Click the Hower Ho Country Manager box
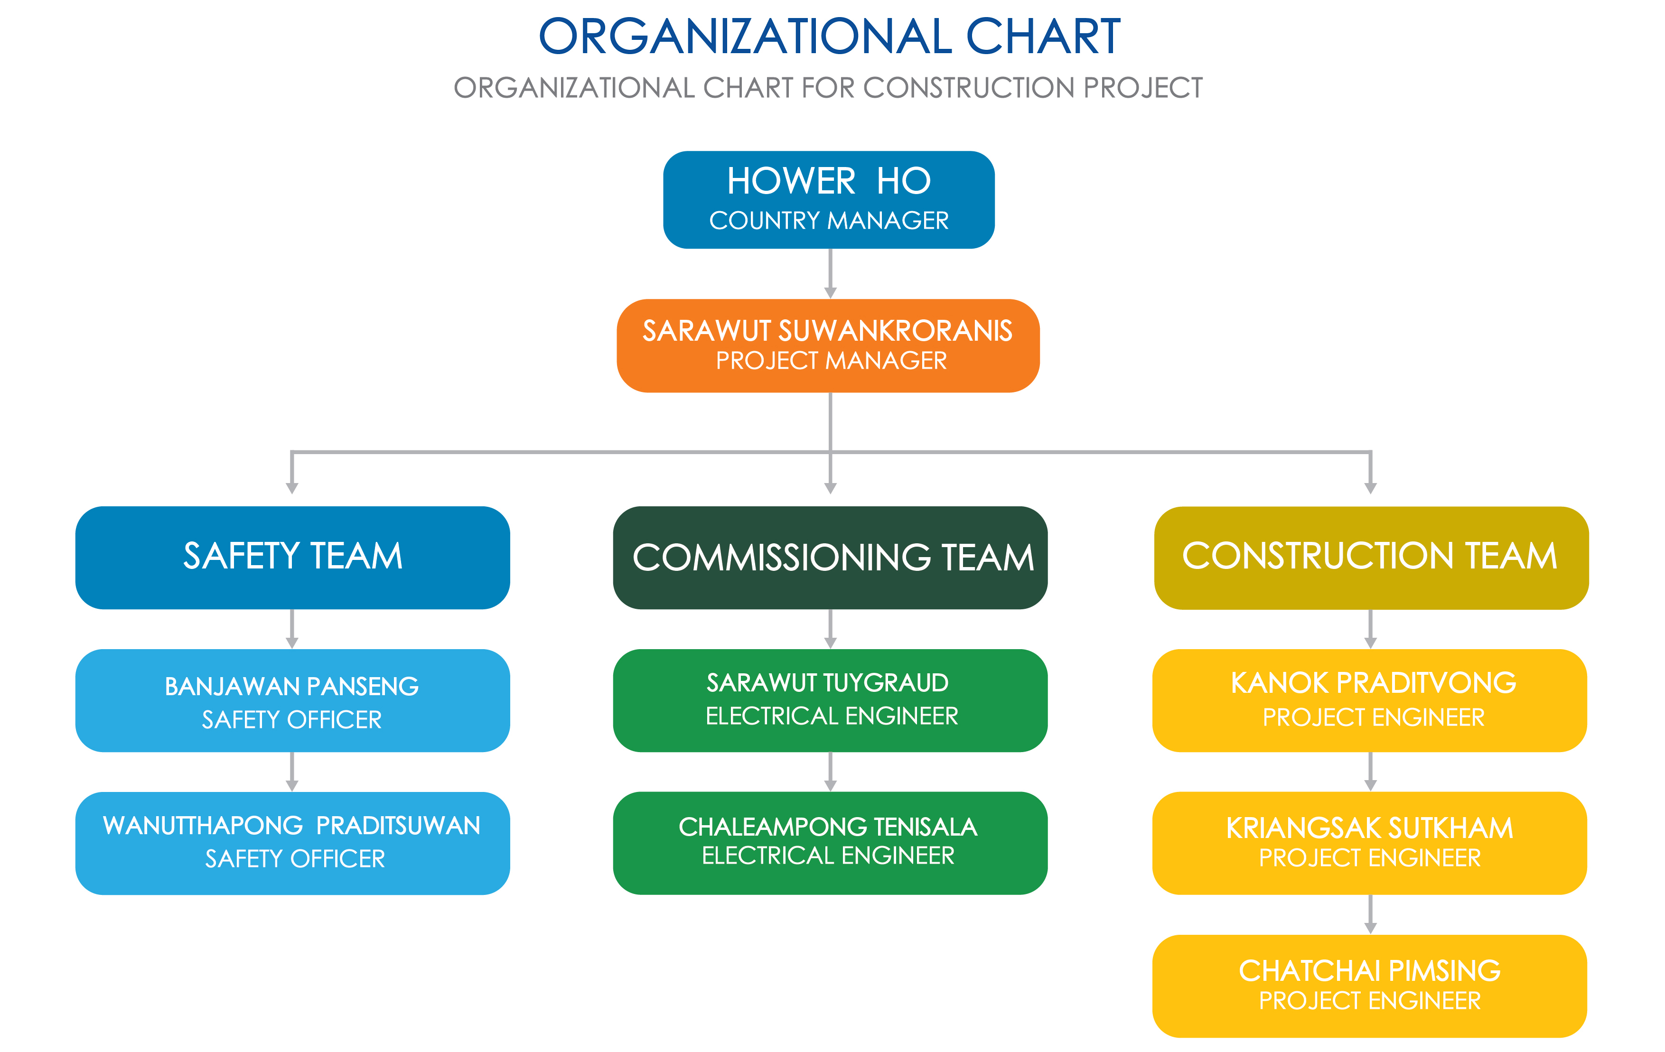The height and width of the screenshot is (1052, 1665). (x=828, y=200)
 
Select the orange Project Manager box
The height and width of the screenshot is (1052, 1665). (x=828, y=345)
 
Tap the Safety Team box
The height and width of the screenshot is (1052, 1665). (x=292, y=558)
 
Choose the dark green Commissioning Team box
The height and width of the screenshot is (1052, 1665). (x=830, y=558)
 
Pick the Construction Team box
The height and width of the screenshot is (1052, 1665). (x=1371, y=558)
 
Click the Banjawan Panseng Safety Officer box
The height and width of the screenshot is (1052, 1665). (x=292, y=700)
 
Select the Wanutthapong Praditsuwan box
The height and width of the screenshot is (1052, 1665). (x=292, y=843)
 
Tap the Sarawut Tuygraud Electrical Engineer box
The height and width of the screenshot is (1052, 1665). (x=830, y=700)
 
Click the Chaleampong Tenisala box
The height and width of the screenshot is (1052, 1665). (x=830, y=843)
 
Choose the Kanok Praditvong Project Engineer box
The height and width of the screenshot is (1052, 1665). (x=1370, y=700)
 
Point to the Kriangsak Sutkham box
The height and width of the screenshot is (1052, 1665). (x=1370, y=843)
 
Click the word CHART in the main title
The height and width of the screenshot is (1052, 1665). (x=1043, y=37)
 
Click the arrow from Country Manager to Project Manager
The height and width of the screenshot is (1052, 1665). (x=831, y=274)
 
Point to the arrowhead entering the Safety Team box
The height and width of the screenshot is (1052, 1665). (x=292, y=488)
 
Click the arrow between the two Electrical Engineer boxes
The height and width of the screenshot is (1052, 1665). (x=831, y=772)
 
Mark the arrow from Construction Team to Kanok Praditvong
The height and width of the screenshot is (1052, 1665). (x=1370, y=629)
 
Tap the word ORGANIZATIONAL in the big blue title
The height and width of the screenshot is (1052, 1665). (x=745, y=37)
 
